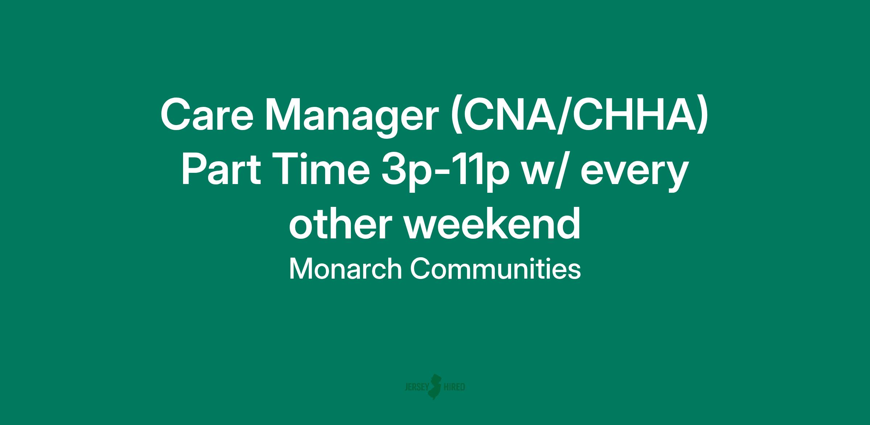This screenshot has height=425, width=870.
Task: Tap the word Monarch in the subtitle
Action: click(x=345, y=269)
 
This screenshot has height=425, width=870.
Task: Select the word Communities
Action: click(x=496, y=269)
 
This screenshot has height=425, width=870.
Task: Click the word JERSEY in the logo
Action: click(x=416, y=387)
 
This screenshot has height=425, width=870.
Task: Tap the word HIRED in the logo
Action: click(x=455, y=387)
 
